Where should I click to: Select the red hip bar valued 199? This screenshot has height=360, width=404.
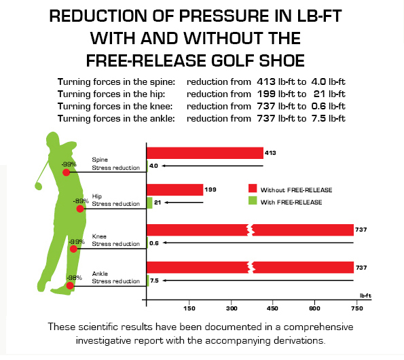[175, 190]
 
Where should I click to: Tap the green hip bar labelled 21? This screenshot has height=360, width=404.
[149, 202]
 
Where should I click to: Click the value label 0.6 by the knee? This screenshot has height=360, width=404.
[154, 242]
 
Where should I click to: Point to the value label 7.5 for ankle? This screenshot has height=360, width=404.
[154, 280]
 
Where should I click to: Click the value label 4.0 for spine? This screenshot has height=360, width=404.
[153, 165]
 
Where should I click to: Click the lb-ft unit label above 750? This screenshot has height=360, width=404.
[365, 296]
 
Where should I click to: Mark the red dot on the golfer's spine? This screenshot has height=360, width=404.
[67, 173]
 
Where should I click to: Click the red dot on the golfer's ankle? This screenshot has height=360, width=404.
[70, 286]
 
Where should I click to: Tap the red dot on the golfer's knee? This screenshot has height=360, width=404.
[74, 249]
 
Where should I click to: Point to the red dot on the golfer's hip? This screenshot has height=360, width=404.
[81, 209]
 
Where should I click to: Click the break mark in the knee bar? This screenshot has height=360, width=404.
[252, 230]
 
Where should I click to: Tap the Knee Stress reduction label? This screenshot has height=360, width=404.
[115, 240]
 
